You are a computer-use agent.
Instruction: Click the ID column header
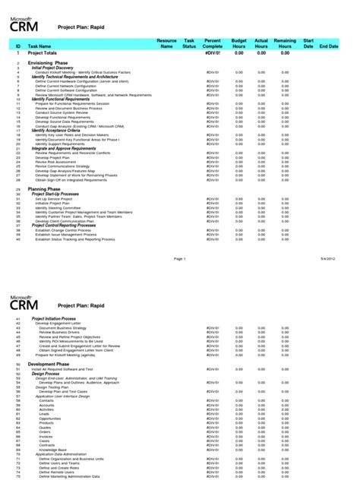coord(18,47)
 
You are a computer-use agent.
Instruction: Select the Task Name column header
coord(39,47)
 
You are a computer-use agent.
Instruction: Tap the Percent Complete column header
coord(212,43)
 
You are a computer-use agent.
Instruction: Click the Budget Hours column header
coord(238,43)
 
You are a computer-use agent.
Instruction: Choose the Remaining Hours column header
coord(285,43)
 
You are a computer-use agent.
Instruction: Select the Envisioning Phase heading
coord(50,64)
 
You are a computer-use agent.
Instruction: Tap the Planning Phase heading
coord(46,188)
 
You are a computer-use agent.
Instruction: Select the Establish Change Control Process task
coord(63,229)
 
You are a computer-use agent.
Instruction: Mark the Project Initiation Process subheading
coord(59,318)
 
